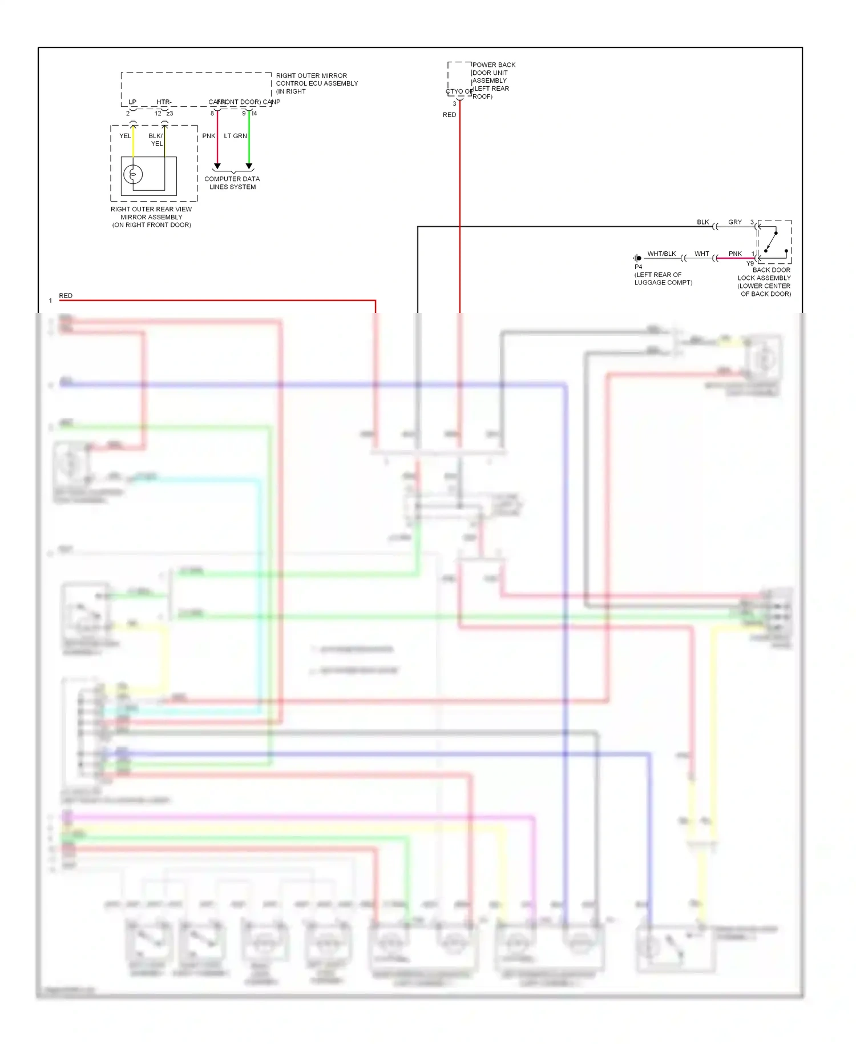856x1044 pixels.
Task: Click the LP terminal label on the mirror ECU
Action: (132, 102)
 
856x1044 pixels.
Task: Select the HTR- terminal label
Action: (164, 102)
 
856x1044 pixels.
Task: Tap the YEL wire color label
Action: (125, 136)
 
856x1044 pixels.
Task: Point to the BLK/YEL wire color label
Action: (156, 139)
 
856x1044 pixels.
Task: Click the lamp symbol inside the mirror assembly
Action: (133, 174)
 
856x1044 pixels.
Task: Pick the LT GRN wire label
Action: (235, 136)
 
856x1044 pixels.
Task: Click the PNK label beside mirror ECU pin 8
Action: (209, 136)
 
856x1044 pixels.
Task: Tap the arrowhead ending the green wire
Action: (249, 166)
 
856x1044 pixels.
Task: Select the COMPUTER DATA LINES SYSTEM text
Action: (232, 183)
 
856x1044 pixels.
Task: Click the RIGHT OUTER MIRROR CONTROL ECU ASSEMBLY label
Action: (317, 83)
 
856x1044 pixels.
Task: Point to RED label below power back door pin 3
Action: (450, 115)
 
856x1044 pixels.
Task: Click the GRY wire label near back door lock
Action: (735, 222)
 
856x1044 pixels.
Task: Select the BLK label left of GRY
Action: (703, 222)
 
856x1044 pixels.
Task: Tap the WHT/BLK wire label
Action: (661, 254)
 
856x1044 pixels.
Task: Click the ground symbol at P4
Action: (637, 258)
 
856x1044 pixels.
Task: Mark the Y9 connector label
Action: (750, 263)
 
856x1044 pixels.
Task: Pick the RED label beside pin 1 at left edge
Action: (66, 295)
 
